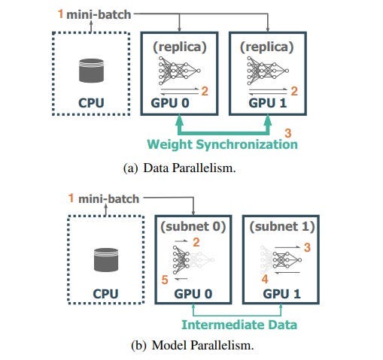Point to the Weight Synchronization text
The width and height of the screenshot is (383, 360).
(x=223, y=144)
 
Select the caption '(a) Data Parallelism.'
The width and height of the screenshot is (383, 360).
(x=179, y=168)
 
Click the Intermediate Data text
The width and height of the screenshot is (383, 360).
(x=239, y=325)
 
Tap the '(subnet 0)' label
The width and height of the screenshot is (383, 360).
(x=193, y=226)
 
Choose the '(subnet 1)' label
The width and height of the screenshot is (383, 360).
(x=281, y=226)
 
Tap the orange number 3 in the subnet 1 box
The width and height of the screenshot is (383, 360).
(x=308, y=245)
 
